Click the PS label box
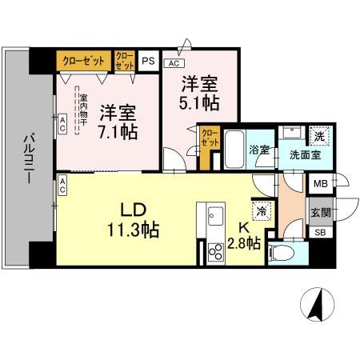pyautogui.click(x=149, y=59)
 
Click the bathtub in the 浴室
pyautogui.click(x=234, y=149)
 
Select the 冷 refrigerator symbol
pyautogui.click(x=262, y=211)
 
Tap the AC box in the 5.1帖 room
pyautogui.click(x=174, y=63)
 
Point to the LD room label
pyautogui.click(x=133, y=210)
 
